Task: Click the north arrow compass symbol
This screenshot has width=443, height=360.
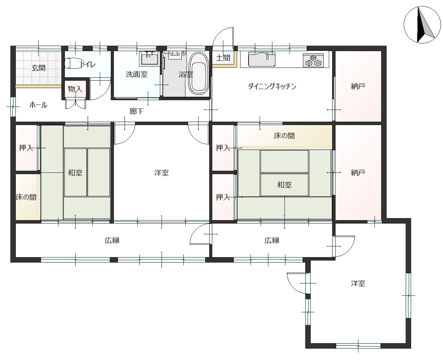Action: pos(422,25)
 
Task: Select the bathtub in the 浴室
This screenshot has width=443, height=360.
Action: pos(198,73)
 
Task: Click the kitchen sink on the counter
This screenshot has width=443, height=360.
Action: pos(262,59)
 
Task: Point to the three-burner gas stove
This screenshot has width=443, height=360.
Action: pos(313,61)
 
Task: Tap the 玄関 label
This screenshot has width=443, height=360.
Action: pos(39,68)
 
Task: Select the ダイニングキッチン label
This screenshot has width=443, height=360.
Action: pos(272,86)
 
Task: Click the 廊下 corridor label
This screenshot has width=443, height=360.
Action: pos(136,111)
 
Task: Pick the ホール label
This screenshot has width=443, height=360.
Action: pos(39,105)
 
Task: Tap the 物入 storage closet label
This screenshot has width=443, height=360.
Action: pos(75,89)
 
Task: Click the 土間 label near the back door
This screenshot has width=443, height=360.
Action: pos(223,58)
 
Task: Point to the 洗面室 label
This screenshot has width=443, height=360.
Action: pos(137,74)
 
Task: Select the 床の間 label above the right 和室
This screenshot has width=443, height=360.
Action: pos(284,136)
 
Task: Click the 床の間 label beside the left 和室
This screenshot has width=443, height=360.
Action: pos(26,197)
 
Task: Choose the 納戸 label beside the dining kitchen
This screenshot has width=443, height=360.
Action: pos(358,86)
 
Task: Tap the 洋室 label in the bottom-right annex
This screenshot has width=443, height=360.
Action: pos(358,283)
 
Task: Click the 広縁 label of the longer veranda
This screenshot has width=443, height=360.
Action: pos(112,240)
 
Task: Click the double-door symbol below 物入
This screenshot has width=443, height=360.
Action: pos(75,104)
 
